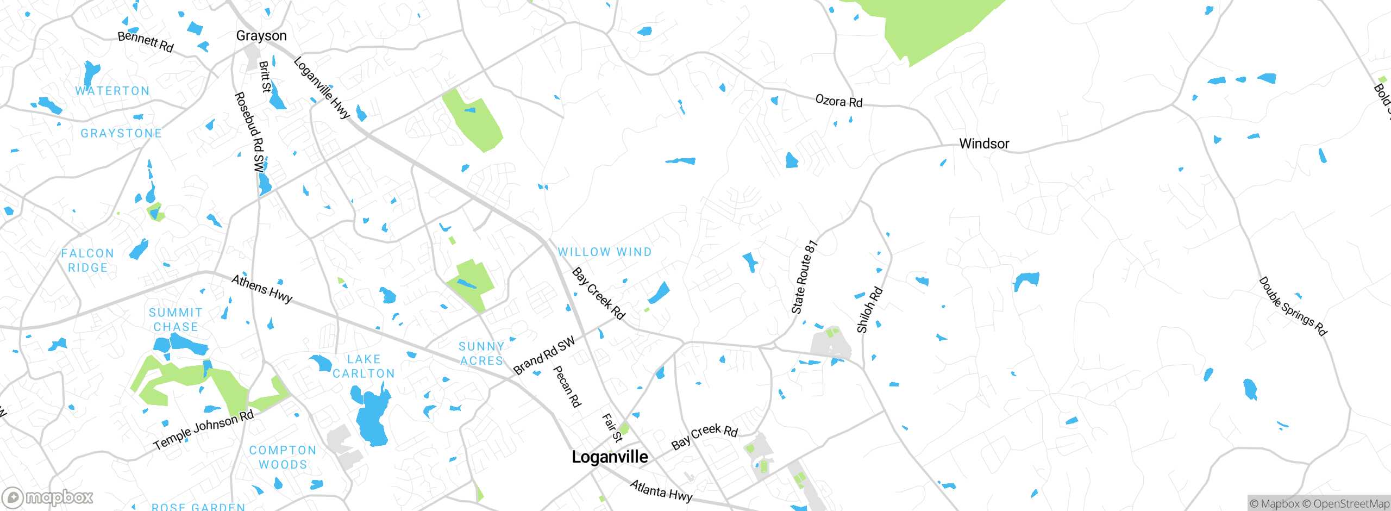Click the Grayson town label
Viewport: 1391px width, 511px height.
261,36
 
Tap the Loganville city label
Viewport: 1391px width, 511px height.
610,457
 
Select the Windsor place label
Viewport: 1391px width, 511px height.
983,144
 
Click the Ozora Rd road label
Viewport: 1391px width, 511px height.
838,102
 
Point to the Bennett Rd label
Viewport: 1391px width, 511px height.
146,42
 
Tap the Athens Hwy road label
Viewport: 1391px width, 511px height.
262,289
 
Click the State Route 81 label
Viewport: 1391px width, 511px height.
804,277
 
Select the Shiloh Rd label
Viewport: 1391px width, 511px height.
869,310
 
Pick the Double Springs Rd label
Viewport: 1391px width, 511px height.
1293,307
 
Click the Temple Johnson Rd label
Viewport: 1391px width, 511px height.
204,430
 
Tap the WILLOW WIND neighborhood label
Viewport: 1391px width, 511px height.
605,252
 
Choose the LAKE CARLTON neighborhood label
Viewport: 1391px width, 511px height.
364,366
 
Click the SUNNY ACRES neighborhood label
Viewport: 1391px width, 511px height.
481,353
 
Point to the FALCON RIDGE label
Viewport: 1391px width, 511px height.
87,260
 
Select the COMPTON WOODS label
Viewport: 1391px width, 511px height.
283,457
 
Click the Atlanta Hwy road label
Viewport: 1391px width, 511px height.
661,491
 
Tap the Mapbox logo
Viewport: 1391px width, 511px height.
48,497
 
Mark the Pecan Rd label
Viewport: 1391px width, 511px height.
567,387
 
